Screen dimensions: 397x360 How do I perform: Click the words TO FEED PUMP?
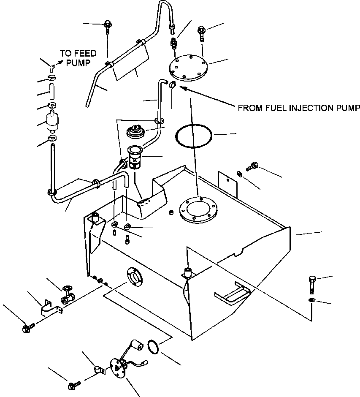[x=78, y=58]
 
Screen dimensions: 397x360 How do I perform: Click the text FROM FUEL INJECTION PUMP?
[x=299, y=108]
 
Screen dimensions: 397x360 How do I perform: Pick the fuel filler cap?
[x=136, y=131]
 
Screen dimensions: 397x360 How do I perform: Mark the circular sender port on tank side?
[x=134, y=277]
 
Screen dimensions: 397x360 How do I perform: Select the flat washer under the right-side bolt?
[x=311, y=299]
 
